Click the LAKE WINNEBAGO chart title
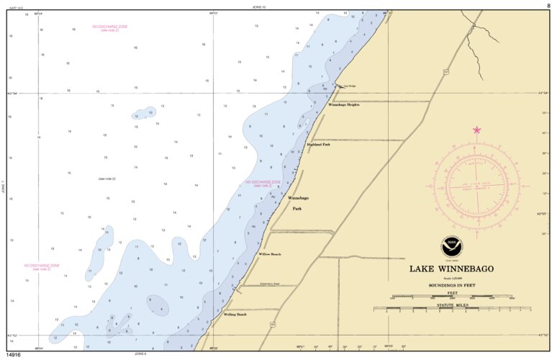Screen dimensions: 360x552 pyautogui.click(x=452, y=269)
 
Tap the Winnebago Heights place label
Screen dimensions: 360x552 pyautogui.click(x=343, y=105)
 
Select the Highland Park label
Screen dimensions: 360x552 pyautogui.click(x=318, y=145)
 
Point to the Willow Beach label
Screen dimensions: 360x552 pyautogui.click(x=270, y=254)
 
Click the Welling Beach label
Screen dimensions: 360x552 pyautogui.click(x=235, y=315)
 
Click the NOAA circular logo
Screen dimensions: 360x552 pyautogui.click(x=451, y=245)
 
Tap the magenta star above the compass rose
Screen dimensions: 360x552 pyautogui.click(x=476, y=130)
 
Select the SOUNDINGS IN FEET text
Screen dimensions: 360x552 pyautogui.click(x=452, y=285)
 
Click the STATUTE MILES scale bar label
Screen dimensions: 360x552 pyautogui.click(x=451, y=305)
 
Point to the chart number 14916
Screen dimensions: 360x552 pyautogui.click(x=13, y=355)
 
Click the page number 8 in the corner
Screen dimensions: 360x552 pyautogui.click(x=548, y=5)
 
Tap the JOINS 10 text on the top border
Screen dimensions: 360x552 pyautogui.click(x=259, y=6)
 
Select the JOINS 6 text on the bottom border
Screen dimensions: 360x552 pyautogui.click(x=140, y=354)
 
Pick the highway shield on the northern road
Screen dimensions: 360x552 pyautogui.click(x=446, y=72)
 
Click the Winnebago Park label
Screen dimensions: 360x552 pyautogui.click(x=298, y=203)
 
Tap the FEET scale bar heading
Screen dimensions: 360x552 pyautogui.click(x=451, y=293)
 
